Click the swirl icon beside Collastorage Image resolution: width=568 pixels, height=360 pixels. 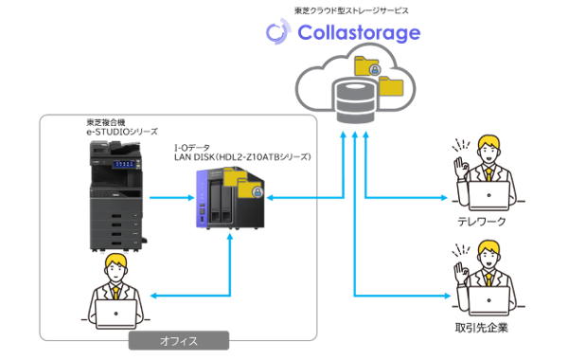(276, 32)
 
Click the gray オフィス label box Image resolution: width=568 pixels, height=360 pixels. (179, 340)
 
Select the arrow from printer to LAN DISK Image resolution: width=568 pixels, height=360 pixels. (169, 199)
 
